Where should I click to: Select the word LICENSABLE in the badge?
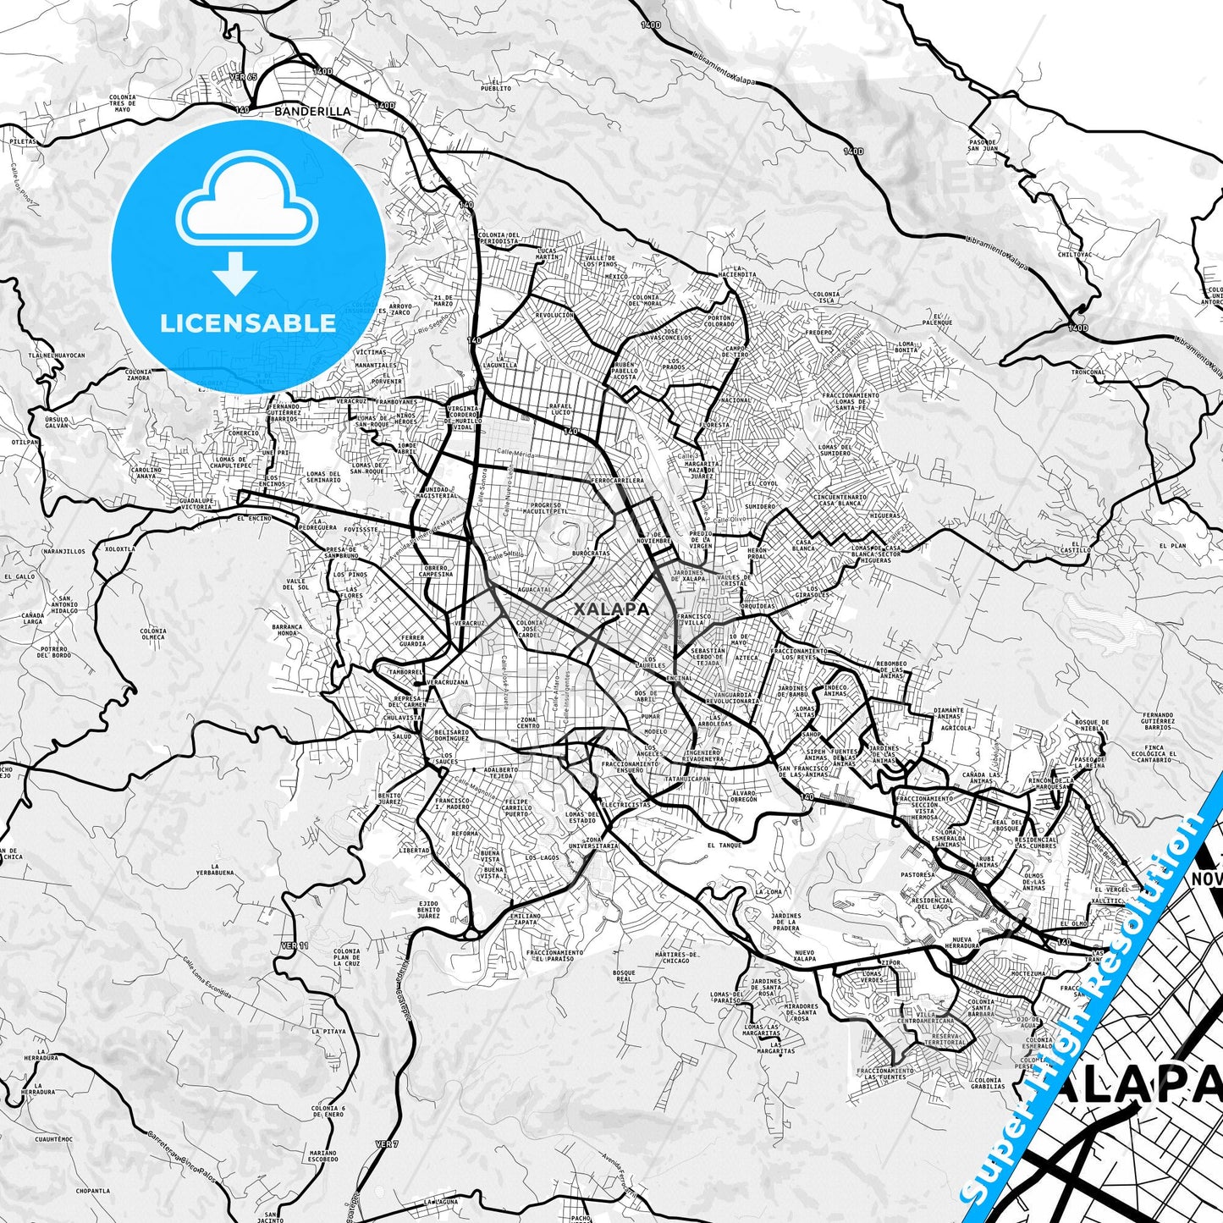pyautogui.click(x=248, y=322)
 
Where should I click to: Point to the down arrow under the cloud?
pyautogui.click(x=235, y=275)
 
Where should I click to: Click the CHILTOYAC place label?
pyautogui.click(x=1075, y=254)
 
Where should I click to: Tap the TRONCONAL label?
pyautogui.click(x=1088, y=372)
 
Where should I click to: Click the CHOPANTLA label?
pyautogui.click(x=92, y=1191)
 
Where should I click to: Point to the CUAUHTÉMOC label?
pyautogui.click(x=53, y=1139)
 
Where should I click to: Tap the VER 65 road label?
pyautogui.click(x=242, y=76)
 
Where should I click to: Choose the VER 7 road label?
pyautogui.click(x=386, y=1144)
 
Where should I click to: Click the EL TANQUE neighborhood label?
pyautogui.click(x=724, y=845)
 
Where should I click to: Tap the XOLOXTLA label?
pyautogui.click(x=119, y=548)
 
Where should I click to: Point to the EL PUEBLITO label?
pyautogui.click(x=496, y=85)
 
